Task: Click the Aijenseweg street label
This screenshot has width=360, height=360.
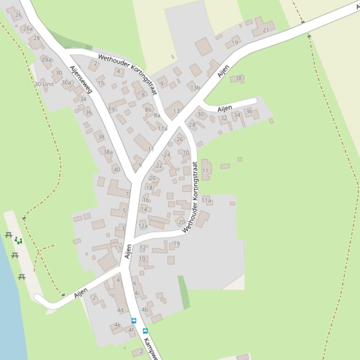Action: pos(81,79)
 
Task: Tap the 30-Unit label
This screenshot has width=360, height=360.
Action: pos(44,84)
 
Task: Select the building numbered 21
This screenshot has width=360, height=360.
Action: pos(266,30)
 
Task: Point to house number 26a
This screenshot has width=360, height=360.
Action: pos(28,29)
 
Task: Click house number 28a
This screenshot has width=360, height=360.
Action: pos(46,59)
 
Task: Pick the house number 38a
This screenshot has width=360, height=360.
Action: pos(108,152)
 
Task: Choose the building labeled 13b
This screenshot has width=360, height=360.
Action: pos(195,87)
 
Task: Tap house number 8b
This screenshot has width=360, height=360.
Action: pos(148,110)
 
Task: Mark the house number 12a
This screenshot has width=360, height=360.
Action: pos(143,226)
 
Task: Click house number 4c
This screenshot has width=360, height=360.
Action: pos(137,294)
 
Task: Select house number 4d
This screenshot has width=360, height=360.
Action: pos(120,310)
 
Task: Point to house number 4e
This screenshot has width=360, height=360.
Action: pos(118,325)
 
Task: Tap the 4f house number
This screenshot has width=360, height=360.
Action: pos(131,330)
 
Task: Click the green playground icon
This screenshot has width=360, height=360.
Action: pos(18,240)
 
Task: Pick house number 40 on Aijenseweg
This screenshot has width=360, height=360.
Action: pos(117,170)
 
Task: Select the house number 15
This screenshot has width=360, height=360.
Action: pos(101,83)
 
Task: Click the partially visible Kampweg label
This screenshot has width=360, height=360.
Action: pos(151,348)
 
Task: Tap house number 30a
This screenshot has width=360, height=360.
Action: pos(66,83)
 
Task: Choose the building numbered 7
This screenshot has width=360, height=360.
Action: pos(127,194)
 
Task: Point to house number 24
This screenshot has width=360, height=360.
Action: pos(167,155)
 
